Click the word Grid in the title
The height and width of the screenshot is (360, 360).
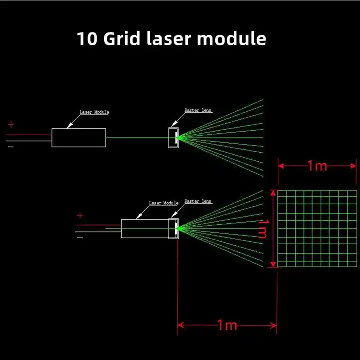pyautogui.click(x=122, y=39)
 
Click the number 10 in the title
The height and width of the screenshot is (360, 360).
pyautogui.click(x=87, y=39)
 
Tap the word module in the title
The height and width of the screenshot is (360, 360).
pyautogui.click(x=232, y=39)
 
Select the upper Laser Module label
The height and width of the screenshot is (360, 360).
pyautogui.click(x=94, y=112)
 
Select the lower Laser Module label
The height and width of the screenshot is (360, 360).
pyautogui.click(x=164, y=203)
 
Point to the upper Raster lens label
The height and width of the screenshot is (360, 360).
pyautogui.click(x=198, y=110)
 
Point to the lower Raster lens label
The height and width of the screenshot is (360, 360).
pyautogui.click(x=198, y=201)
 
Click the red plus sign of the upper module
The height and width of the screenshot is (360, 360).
pyautogui.click(x=11, y=124)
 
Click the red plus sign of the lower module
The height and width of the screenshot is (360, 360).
pyautogui.click(x=80, y=215)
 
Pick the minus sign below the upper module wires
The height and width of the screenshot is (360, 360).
pyautogui.click(x=11, y=147)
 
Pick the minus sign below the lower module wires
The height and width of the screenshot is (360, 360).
pyautogui.click(x=80, y=238)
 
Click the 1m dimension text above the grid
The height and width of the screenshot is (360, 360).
pyautogui.click(x=317, y=166)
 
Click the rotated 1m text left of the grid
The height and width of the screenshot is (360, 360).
pyautogui.click(x=263, y=229)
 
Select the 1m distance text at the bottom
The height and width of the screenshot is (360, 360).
pyautogui.click(x=227, y=325)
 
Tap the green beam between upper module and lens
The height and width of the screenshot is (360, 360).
pyautogui.click(x=137, y=138)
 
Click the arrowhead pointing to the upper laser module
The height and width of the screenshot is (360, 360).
pyautogui.click(x=70, y=126)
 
